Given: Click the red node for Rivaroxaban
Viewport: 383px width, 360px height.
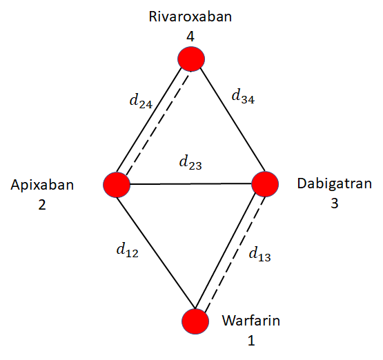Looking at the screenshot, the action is pyautogui.click(x=191, y=59).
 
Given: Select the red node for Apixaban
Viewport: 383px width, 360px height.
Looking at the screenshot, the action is pyautogui.click(x=117, y=185).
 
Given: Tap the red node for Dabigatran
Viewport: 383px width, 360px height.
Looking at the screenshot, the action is pyautogui.click(x=265, y=184).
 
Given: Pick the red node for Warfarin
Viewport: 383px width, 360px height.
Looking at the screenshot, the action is pyautogui.click(x=195, y=321).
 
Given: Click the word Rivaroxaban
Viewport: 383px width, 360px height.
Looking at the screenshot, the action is pyautogui.click(x=190, y=17).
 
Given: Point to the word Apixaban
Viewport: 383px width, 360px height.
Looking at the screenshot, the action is pyautogui.click(x=42, y=185).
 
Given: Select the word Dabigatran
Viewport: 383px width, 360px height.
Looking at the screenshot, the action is pyautogui.click(x=335, y=183).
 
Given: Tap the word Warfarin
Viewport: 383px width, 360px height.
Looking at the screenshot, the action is pyautogui.click(x=251, y=321).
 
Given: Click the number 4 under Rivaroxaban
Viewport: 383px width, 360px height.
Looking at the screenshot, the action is pyautogui.click(x=190, y=37).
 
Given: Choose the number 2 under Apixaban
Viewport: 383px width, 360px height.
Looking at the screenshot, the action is pyautogui.click(x=42, y=205).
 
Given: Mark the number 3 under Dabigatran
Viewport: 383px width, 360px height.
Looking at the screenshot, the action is pyautogui.click(x=335, y=203).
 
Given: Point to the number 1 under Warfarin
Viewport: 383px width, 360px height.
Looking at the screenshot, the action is pyautogui.click(x=251, y=341).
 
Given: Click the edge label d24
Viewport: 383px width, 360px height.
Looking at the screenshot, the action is pyautogui.click(x=141, y=101).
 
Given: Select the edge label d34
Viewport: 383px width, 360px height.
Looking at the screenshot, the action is pyautogui.click(x=243, y=97).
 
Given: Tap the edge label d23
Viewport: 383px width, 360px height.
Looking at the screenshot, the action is pyautogui.click(x=190, y=163).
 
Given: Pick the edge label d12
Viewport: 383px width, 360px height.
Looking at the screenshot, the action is pyautogui.click(x=127, y=250).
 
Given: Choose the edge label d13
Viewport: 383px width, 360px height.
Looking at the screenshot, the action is pyautogui.click(x=259, y=254).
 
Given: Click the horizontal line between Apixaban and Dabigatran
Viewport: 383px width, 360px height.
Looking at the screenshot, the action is pyautogui.click(x=190, y=183).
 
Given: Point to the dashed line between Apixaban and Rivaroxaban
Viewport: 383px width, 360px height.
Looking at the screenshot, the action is pyautogui.click(x=158, y=123).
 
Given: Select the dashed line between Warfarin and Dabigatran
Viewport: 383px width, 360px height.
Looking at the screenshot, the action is pyautogui.click(x=235, y=254).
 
